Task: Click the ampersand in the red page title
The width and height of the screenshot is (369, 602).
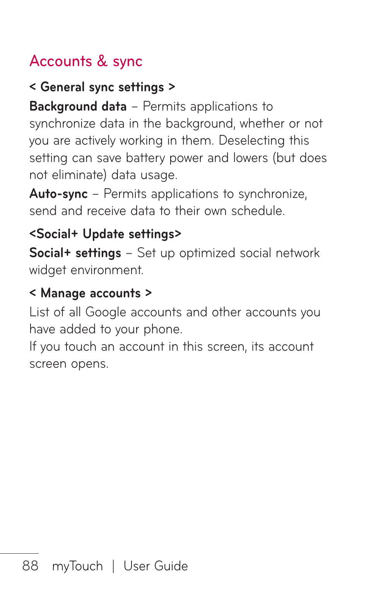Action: [102, 61]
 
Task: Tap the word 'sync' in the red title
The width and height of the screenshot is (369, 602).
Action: [128, 62]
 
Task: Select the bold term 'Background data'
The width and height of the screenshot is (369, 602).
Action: [78, 106]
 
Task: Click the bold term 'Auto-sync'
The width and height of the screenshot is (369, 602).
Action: [59, 194]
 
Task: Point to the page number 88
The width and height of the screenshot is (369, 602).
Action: [30, 566]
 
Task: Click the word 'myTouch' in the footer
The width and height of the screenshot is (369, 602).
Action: [77, 566]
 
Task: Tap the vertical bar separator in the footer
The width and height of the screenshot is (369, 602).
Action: [113, 566]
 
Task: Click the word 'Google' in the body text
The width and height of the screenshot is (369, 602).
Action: [106, 312]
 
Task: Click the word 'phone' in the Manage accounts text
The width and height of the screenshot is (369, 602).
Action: [162, 329]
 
